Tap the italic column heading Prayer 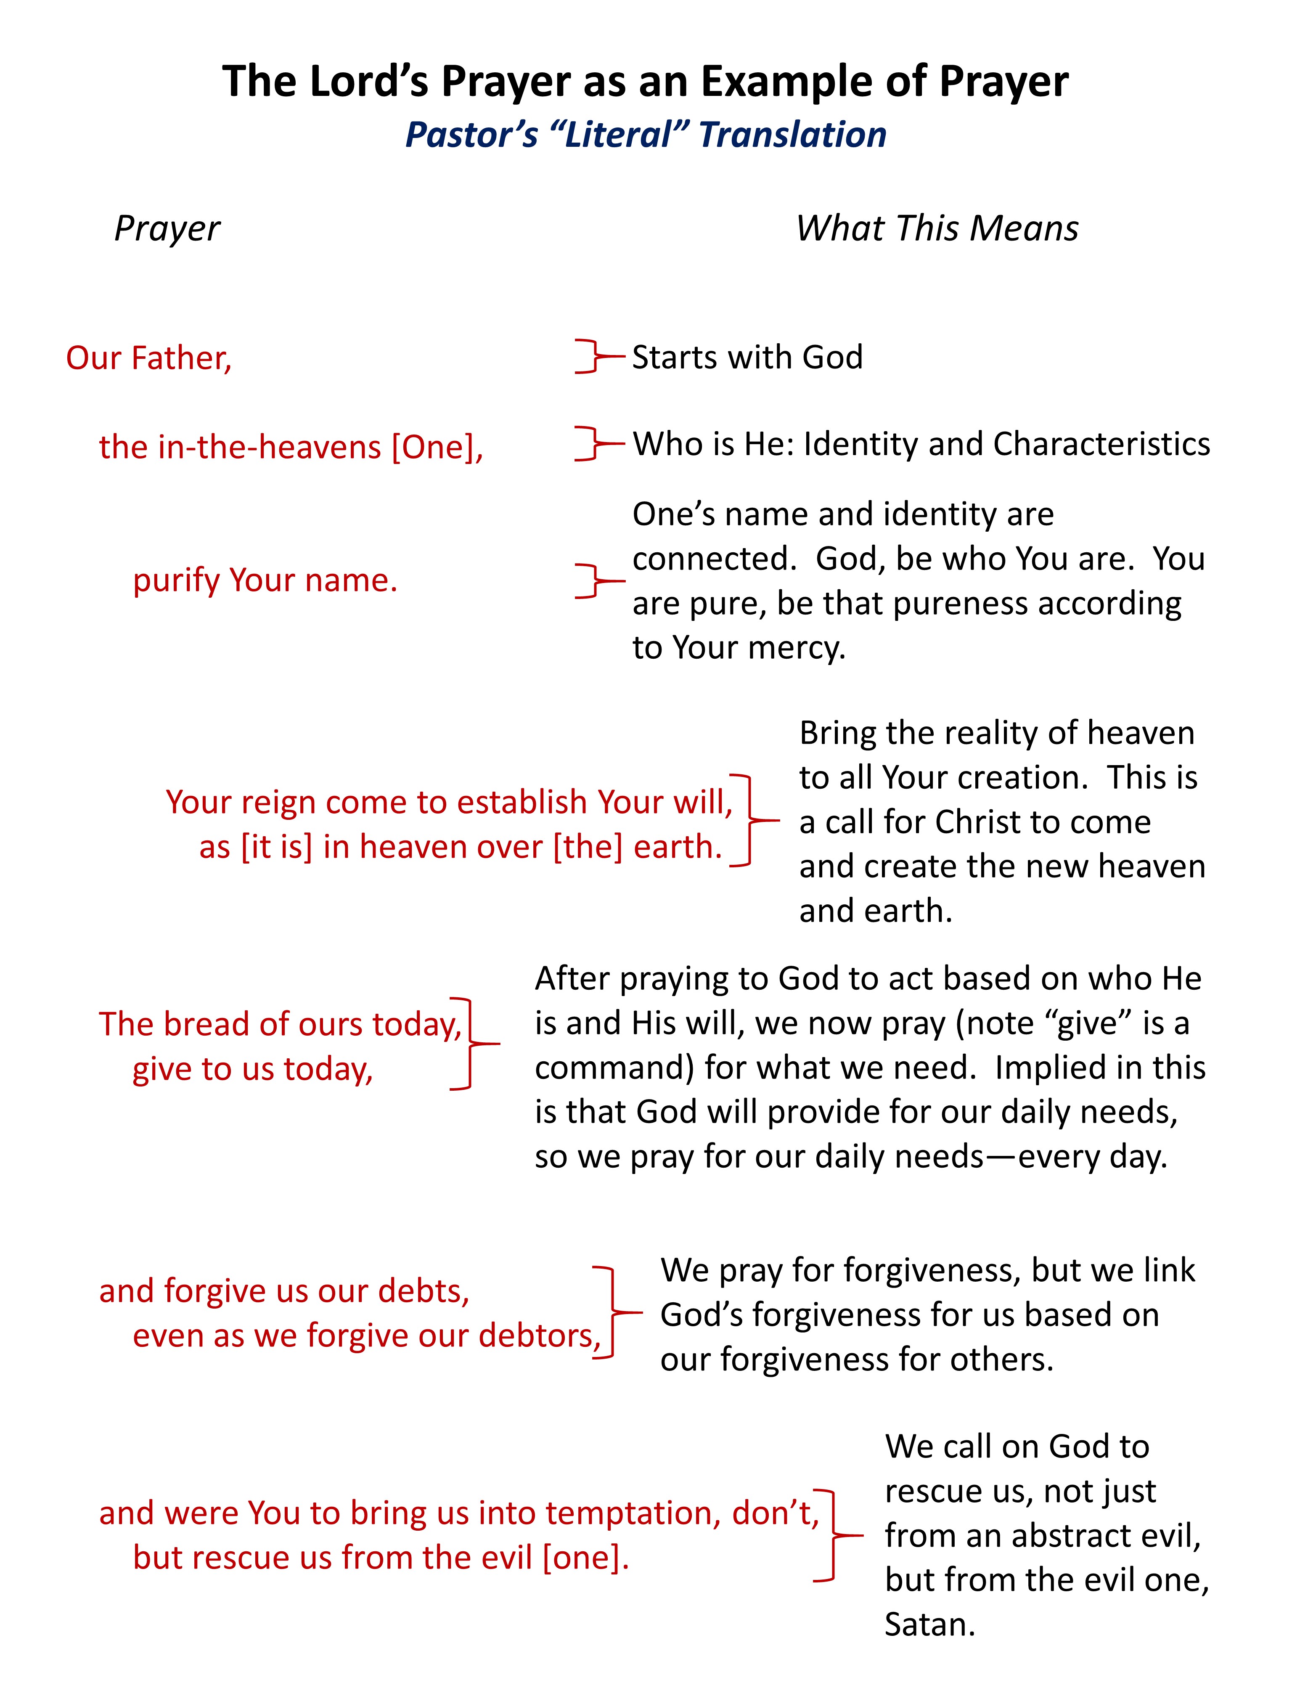(x=167, y=228)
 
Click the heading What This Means (x=937, y=228)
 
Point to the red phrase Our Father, (x=148, y=358)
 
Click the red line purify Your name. (x=265, y=580)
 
